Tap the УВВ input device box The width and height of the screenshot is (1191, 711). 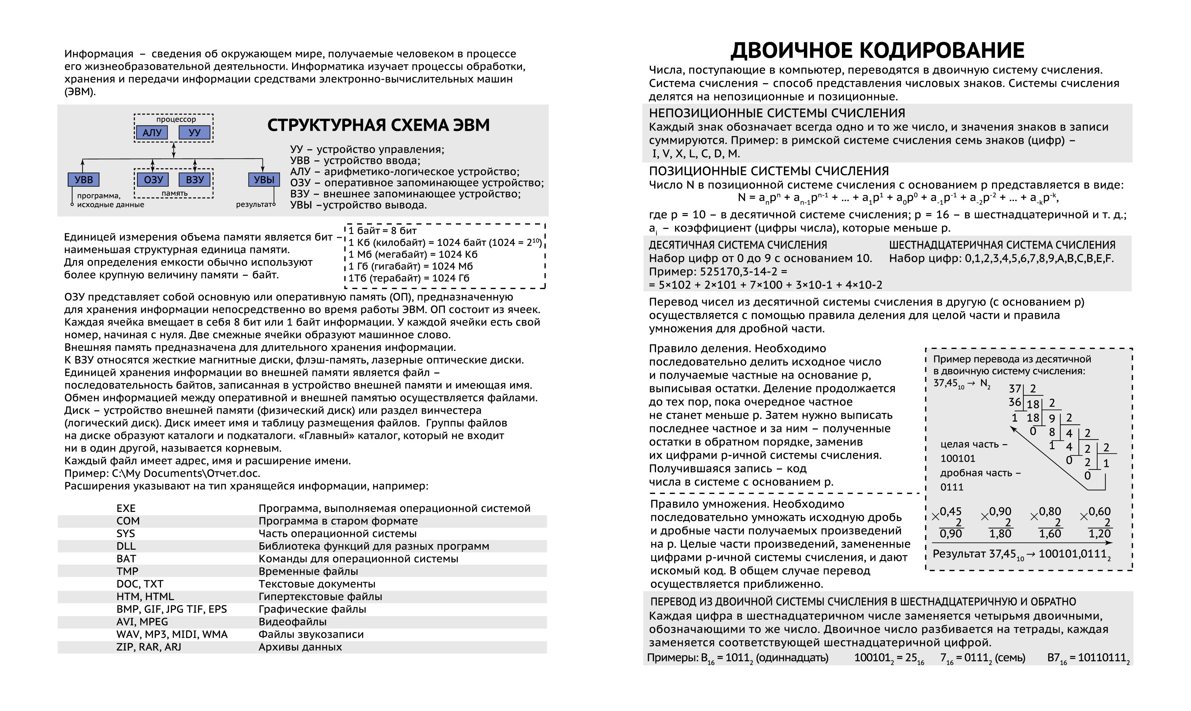pyautogui.click(x=84, y=180)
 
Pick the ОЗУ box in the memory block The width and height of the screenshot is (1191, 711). pyautogui.click(x=153, y=180)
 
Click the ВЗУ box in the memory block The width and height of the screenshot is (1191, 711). pyautogui.click(x=195, y=180)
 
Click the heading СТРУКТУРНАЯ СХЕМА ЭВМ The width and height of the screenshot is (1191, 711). pyautogui.click(x=378, y=125)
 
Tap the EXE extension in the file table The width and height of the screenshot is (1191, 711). pyautogui.click(x=126, y=508)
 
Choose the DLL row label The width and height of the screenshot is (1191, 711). pyautogui.click(x=126, y=546)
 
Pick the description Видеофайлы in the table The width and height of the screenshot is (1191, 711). pyautogui.click(x=292, y=622)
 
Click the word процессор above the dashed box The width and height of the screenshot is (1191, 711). pyautogui.click(x=176, y=119)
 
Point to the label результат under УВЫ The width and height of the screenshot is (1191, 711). pyautogui.click(x=254, y=205)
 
